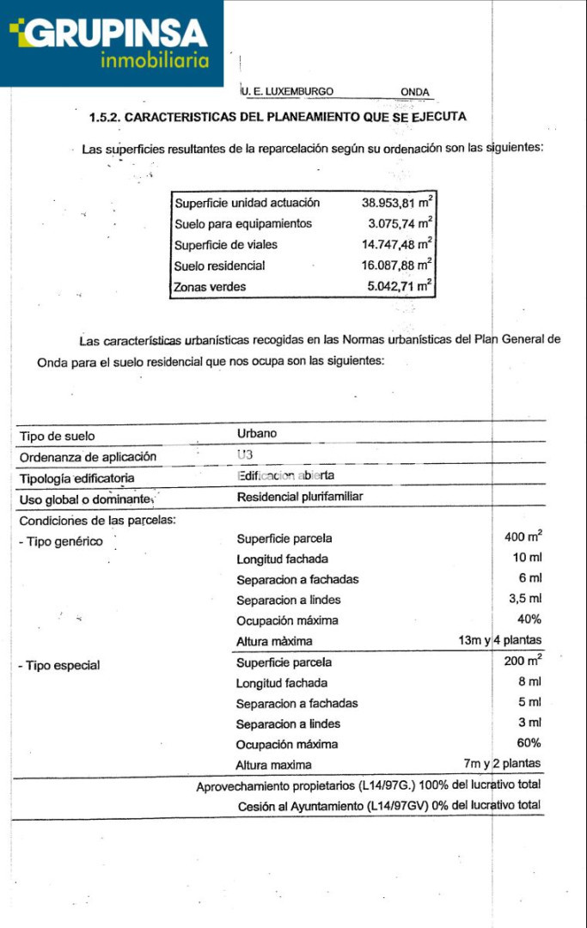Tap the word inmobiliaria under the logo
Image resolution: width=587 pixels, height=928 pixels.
[155, 61]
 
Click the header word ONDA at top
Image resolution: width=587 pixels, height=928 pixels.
[414, 92]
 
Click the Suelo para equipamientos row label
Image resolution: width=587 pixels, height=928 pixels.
[243, 223]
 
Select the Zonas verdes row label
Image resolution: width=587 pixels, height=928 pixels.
[210, 287]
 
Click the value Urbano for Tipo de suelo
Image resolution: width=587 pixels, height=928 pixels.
[257, 434]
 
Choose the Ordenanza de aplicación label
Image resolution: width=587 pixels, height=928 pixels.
[89, 457]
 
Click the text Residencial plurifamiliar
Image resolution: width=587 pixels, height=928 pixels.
[301, 497]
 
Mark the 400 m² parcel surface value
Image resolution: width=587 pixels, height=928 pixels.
[523, 537]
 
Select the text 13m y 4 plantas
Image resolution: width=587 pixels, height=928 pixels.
[500, 641]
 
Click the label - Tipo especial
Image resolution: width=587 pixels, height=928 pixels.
[59, 665]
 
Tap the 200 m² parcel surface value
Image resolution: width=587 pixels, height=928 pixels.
[523, 661]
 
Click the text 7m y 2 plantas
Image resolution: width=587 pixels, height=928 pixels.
[502, 764]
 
